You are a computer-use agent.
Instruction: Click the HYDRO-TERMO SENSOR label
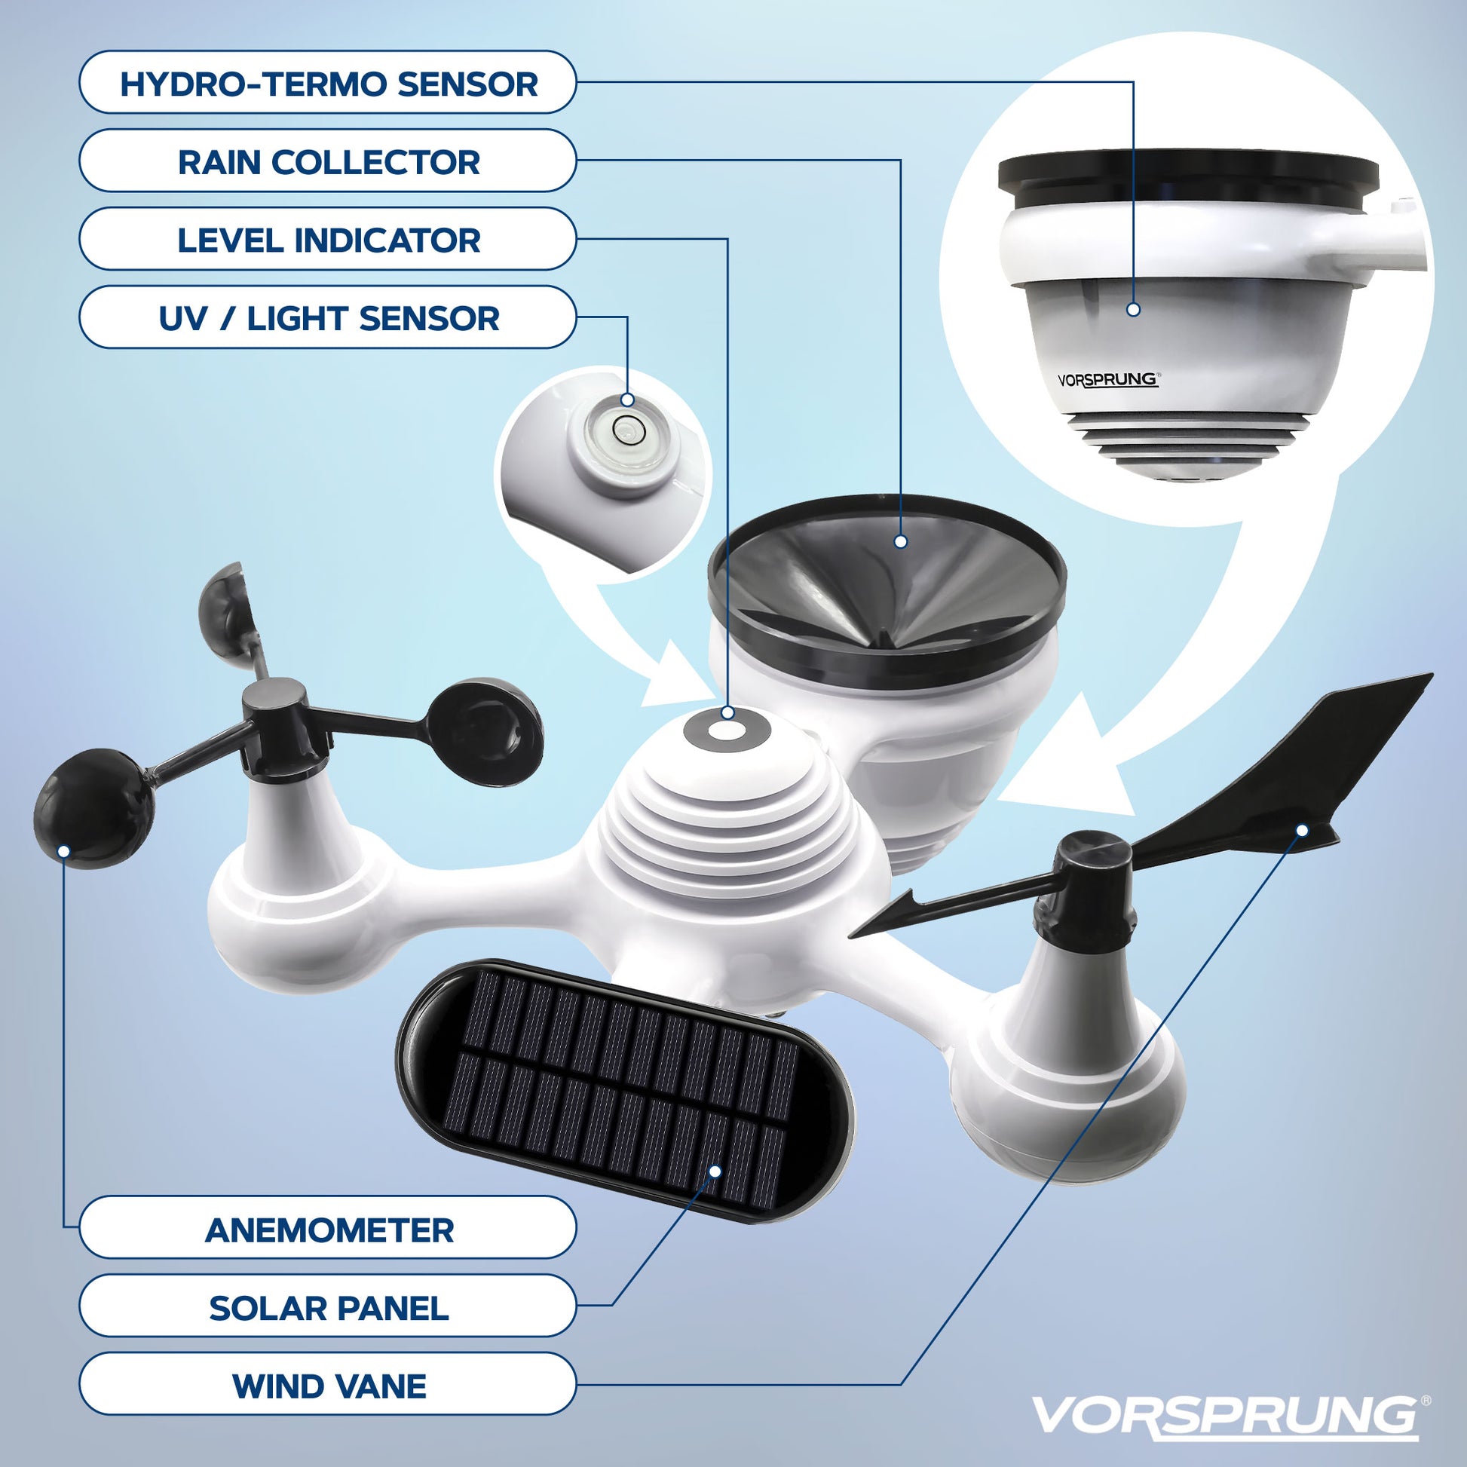[328, 83]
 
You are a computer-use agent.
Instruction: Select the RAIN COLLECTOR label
[328, 161]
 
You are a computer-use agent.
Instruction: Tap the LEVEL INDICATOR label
[328, 239]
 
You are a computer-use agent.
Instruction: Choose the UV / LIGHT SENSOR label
[328, 317]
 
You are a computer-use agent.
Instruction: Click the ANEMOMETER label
[328, 1230]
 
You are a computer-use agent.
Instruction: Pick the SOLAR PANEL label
[328, 1308]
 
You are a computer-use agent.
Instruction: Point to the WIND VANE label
[328, 1386]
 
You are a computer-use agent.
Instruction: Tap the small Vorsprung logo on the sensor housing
[1108, 379]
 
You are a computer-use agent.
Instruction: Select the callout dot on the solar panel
[715, 1171]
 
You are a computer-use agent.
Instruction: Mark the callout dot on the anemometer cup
[65, 852]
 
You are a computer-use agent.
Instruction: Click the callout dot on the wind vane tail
[1302, 831]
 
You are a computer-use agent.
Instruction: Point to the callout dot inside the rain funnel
[901, 541]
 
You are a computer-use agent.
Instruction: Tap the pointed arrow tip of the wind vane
[850, 936]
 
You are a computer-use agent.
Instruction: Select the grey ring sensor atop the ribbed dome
[727, 730]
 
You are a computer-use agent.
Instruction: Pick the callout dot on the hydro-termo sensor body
[1134, 309]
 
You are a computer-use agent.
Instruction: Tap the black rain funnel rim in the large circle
[1188, 176]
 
